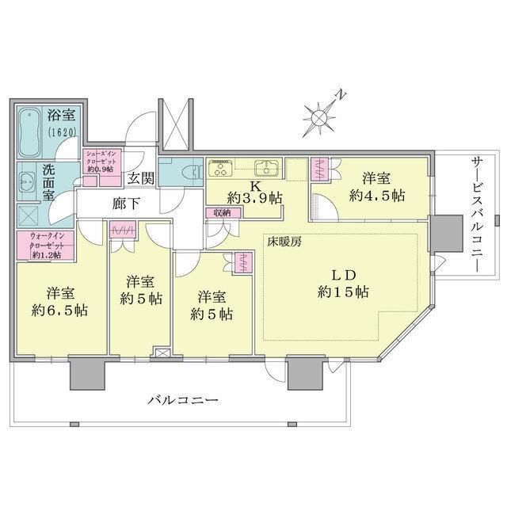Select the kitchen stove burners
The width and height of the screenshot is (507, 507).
[219, 168]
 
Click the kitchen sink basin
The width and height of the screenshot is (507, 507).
[265, 168]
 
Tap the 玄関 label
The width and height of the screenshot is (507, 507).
[140, 178]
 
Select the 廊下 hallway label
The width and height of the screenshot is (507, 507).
[126, 204]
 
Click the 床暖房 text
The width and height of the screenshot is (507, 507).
[284, 242]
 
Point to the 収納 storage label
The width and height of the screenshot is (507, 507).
[222, 213]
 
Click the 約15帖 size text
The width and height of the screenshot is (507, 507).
[343, 292]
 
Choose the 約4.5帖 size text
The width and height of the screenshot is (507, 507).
[377, 196]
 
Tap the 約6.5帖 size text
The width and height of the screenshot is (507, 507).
[59, 311]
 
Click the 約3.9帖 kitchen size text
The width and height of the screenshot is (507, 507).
[254, 198]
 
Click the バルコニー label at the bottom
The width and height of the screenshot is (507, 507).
[183, 401]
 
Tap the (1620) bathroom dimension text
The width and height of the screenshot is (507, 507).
[63, 132]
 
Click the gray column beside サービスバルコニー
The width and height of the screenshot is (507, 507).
[446, 234]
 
